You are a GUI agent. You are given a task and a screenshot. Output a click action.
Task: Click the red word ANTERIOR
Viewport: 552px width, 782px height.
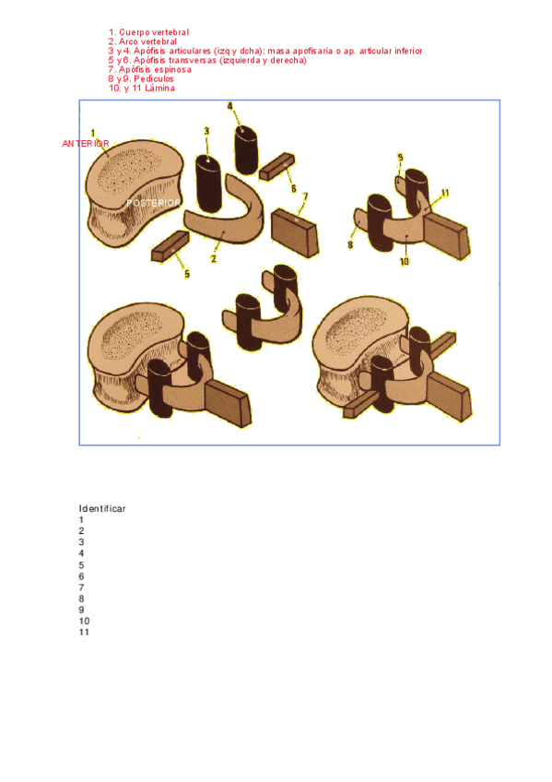coord(85,144)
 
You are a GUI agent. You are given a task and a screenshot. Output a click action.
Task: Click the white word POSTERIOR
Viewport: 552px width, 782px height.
coord(154,203)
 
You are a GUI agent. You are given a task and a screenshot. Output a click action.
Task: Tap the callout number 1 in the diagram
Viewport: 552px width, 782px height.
coord(93,134)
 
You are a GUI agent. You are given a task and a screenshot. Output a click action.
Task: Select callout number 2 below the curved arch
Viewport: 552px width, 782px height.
coord(214,259)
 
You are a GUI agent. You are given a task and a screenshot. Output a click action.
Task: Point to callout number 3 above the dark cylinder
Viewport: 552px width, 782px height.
coord(206,131)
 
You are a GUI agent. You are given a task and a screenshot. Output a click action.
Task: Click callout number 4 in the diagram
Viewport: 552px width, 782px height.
coord(229,106)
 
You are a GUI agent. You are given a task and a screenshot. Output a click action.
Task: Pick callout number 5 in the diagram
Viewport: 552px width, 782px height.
coord(187,274)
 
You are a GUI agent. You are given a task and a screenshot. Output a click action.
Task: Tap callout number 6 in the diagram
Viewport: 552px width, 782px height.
coord(294,188)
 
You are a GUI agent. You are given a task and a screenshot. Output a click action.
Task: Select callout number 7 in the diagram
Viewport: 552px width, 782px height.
coord(305,197)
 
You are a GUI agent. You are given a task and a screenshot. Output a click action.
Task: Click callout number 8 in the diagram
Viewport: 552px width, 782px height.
coord(350,245)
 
